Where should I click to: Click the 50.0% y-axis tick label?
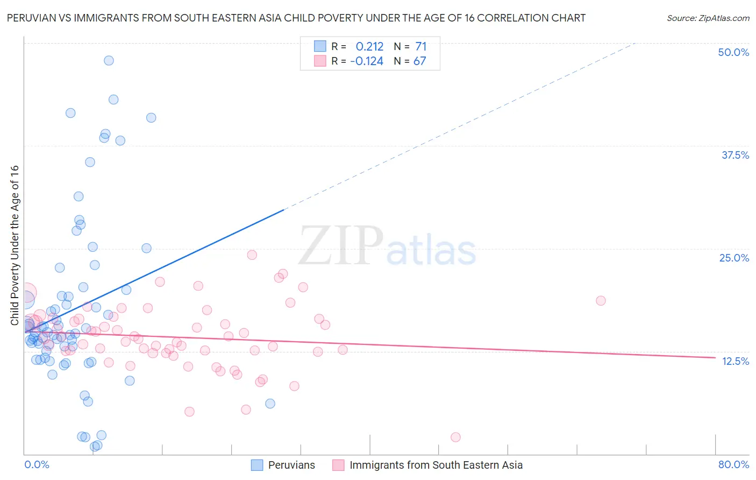pyautogui.click(x=733, y=52)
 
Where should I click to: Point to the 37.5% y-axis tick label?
pyautogui.click(x=734, y=155)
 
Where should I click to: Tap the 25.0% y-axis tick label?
pyautogui.click(x=734, y=258)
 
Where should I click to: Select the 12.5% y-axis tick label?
pyautogui.click(x=735, y=361)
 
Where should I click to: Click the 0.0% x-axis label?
pyautogui.click(x=37, y=464)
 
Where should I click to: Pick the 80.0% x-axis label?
pyautogui.click(x=733, y=464)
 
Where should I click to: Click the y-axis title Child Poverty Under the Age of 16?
pyautogui.click(x=15, y=245)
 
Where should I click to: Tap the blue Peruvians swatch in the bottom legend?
pyautogui.click(x=257, y=465)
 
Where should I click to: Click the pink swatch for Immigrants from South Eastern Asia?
pyautogui.click(x=338, y=465)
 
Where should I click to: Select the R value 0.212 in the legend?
pyautogui.click(x=369, y=47)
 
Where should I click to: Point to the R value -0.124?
pyautogui.click(x=367, y=61)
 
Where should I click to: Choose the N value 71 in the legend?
pyautogui.click(x=420, y=47)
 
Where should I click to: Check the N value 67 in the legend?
pyautogui.click(x=419, y=61)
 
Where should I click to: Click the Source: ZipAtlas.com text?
pyautogui.click(x=708, y=18)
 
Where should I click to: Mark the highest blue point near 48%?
pyautogui.click(x=109, y=60)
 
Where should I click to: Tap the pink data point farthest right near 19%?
pyautogui.click(x=601, y=301)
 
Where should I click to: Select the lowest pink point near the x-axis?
pyautogui.click(x=455, y=437)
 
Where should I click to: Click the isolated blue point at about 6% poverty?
pyautogui.click(x=270, y=404)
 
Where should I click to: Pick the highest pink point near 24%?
pyautogui.click(x=252, y=255)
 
